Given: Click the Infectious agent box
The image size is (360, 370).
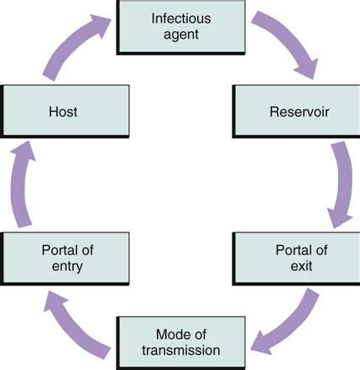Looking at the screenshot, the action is [180, 27].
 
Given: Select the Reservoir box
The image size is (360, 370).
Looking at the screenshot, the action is [296, 112].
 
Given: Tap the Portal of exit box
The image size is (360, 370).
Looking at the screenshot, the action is [296, 258].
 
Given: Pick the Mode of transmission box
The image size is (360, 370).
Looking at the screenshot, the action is [180, 343].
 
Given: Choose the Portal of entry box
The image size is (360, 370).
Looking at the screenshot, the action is [65, 258].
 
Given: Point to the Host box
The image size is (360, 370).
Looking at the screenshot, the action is [65, 112].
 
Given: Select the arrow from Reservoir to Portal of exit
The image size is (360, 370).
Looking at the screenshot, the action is [343, 185].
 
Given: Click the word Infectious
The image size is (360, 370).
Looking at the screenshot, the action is [181, 18].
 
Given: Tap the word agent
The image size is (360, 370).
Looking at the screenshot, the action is [181, 35].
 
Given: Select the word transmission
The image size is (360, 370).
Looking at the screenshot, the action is [181, 351].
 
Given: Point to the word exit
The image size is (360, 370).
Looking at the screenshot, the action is [301, 266].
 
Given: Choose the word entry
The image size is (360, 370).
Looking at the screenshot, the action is [67, 266].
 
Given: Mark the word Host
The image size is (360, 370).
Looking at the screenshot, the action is [63, 112].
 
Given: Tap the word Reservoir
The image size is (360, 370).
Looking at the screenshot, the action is [300, 112].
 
